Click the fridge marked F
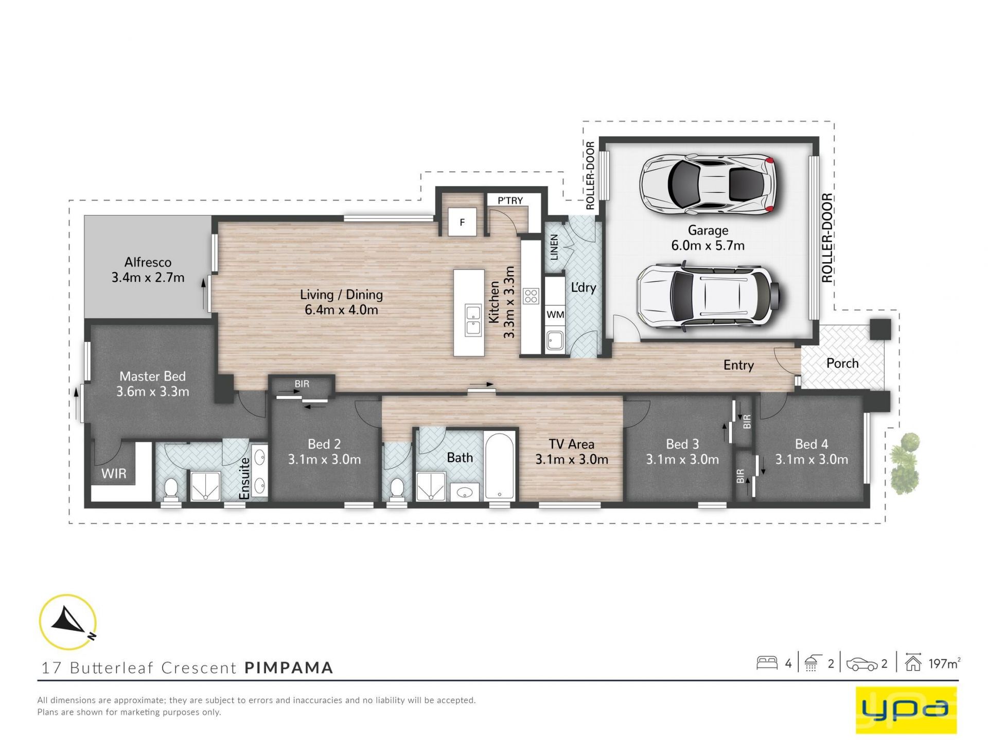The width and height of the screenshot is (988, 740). (462, 222)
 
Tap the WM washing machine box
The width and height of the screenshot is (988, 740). (555, 314)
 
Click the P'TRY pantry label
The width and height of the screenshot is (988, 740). (510, 200)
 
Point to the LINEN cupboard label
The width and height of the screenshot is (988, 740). (554, 247)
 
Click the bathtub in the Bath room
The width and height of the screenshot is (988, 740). (499, 465)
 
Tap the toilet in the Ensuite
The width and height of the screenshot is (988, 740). (170, 490)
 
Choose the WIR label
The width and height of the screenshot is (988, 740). (114, 473)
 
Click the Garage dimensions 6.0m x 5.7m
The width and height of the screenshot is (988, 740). (708, 245)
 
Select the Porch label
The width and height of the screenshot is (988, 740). (842, 363)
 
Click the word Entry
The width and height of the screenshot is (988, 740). (738, 365)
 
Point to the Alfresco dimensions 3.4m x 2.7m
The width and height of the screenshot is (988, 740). (148, 278)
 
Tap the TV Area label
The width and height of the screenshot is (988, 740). (571, 444)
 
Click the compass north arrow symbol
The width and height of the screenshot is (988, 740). (67, 621)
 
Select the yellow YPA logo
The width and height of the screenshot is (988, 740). (906, 710)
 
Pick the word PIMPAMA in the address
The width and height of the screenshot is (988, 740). (289, 667)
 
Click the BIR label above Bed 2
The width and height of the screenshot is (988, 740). (302, 384)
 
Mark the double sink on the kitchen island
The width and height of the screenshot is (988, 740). (473, 320)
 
